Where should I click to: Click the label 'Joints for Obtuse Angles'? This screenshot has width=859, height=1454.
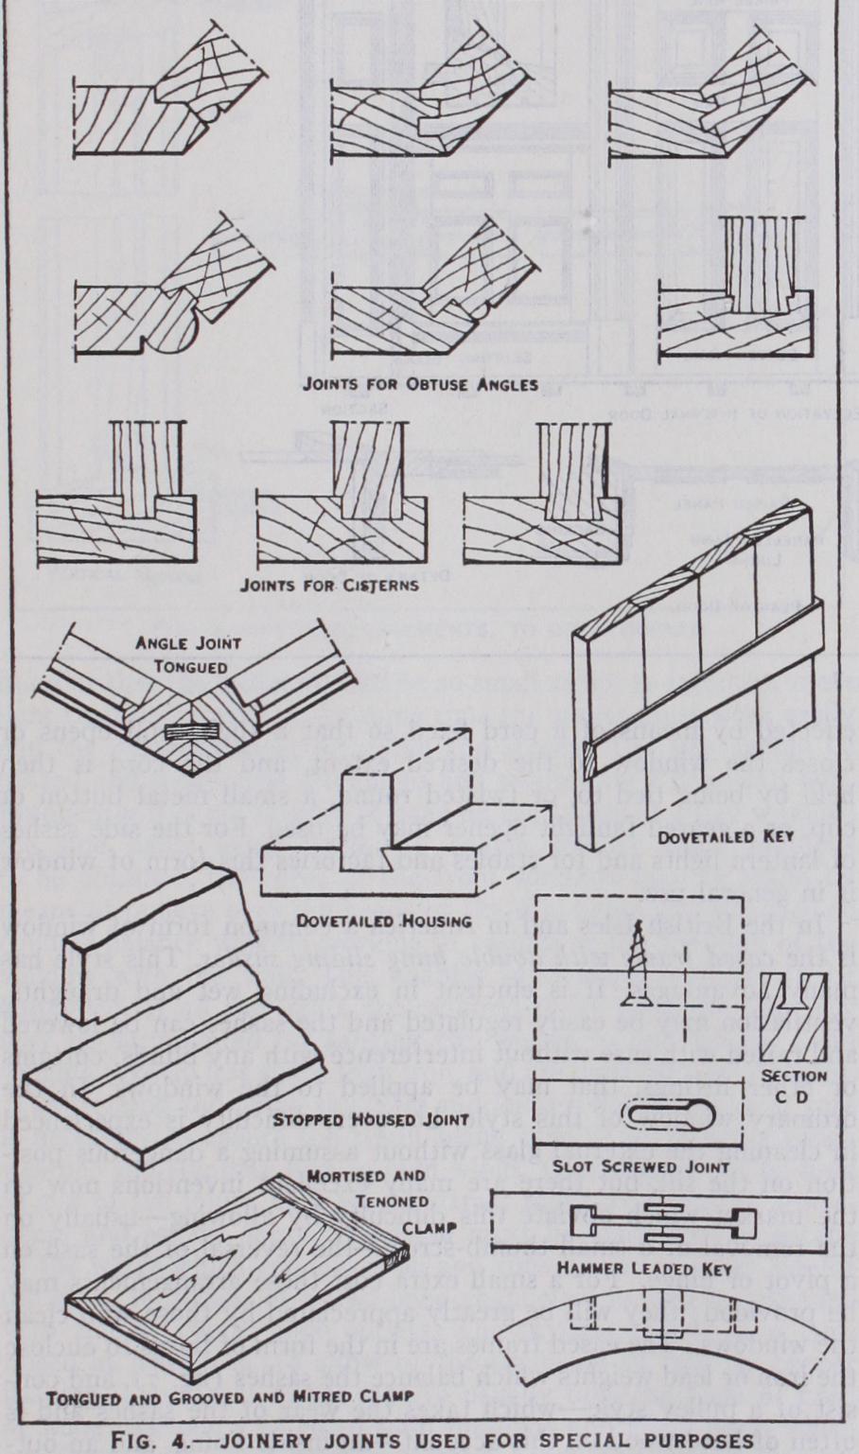coord(420,385)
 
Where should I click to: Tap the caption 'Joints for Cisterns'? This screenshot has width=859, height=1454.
coord(329,585)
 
